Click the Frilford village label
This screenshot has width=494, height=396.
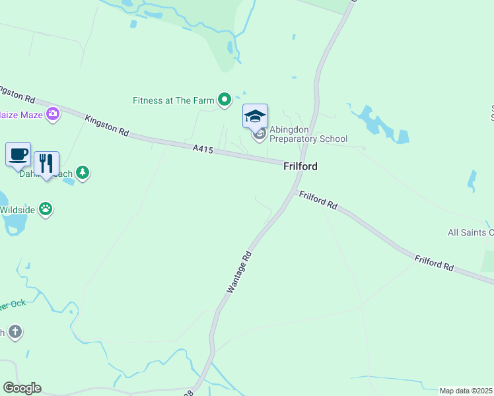pyautogui.click(x=300, y=166)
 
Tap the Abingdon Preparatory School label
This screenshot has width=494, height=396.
pyautogui.click(x=308, y=134)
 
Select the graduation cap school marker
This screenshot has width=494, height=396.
pyautogui.click(x=255, y=117)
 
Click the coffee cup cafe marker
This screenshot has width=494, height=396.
pyautogui.click(x=18, y=154)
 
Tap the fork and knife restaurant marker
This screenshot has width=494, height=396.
pyautogui.click(x=46, y=163)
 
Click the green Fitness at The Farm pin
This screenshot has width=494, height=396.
pyautogui.click(x=225, y=100)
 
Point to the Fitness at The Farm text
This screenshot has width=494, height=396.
pyautogui.click(x=174, y=100)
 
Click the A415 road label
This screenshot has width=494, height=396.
pyautogui.click(x=203, y=150)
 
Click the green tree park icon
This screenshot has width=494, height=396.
pyautogui.click(x=82, y=173)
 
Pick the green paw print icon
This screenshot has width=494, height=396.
pyautogui.click(x=46, y=209)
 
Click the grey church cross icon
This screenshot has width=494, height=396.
pyautogui.click(x=15, y=332)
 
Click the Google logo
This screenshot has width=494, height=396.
pyautogui.click(x=22, y=388)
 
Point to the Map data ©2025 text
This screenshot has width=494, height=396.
pyautogui.click(x=466, y=391)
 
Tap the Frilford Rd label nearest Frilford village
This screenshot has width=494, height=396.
pyautogui.click(x=318, y=201)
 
